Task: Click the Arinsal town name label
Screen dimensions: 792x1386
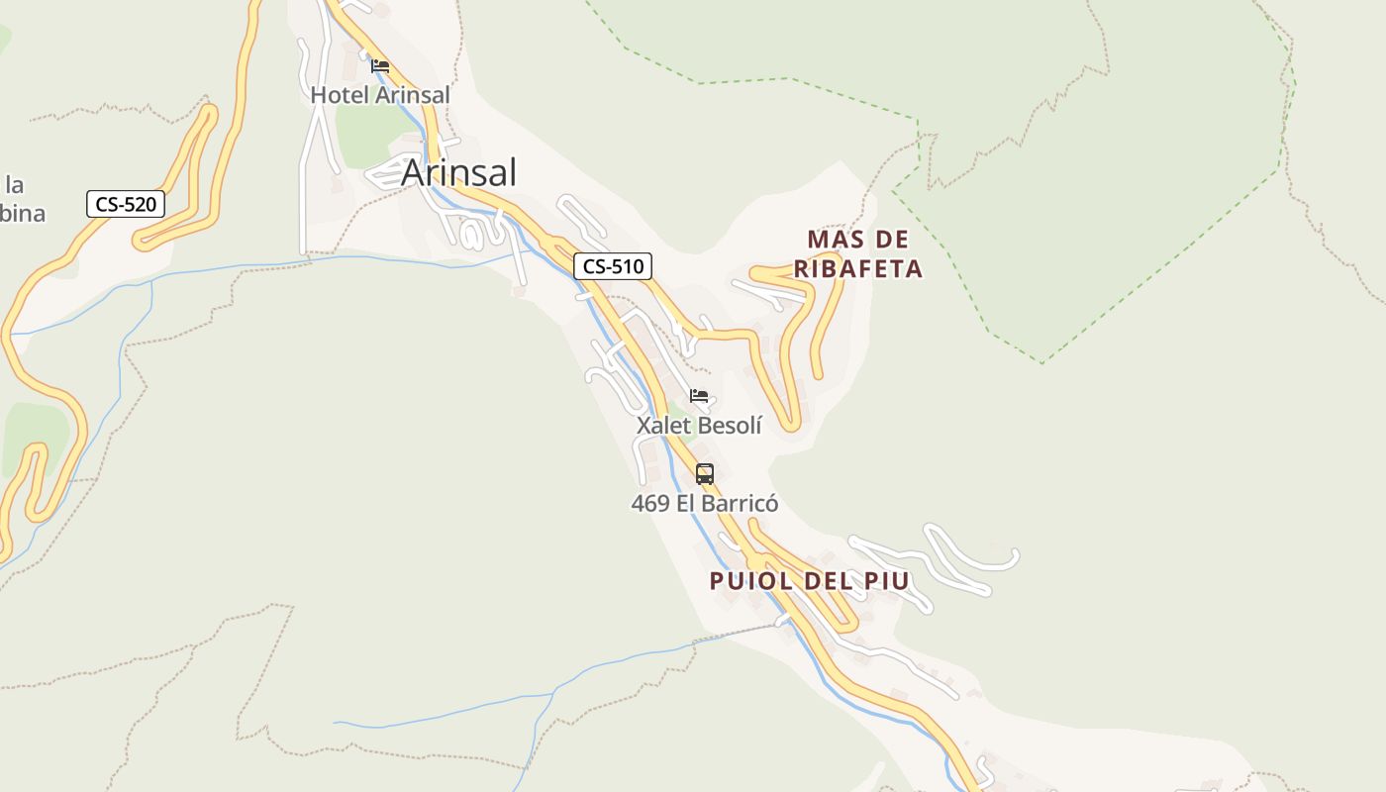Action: pos(458,173)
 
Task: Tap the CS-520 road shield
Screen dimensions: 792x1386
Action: pos(126,205)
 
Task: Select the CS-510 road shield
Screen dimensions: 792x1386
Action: pos(613,265)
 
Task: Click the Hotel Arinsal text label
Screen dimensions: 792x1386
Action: pos(380,95)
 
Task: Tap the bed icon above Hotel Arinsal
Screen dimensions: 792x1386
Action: pos(380,67)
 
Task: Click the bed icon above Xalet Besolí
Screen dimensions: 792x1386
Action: pos(699,396)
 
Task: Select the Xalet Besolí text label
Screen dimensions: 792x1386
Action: pos(699,426)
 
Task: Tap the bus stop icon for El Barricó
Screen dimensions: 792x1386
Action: pos(705,474)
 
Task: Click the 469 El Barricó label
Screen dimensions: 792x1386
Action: pos(705,504)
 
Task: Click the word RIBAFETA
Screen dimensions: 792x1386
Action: pos(858,269)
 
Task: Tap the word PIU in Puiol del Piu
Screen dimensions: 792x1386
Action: pos(887,581)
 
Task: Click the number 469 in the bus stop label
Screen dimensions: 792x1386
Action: pos(650,504)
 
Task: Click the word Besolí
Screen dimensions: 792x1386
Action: pos(731,426)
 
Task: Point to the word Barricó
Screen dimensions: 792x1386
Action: pos(741,504)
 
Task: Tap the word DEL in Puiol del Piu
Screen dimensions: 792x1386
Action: pos(832,581)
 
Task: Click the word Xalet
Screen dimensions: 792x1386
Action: pos(664,426)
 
